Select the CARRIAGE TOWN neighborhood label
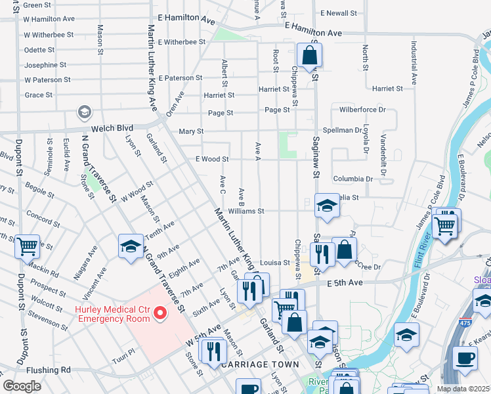(260, 364)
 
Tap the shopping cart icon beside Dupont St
(28, 247)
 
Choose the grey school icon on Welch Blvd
(85, 113)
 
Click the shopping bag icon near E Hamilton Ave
(309, 55)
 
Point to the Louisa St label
(276, 261)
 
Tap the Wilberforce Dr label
(362, 110)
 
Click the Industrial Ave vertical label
(414, 64)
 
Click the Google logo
(22, 386)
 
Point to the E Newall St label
(339, 12)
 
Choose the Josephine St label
(45, 65)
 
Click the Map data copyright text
(463, 389)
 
